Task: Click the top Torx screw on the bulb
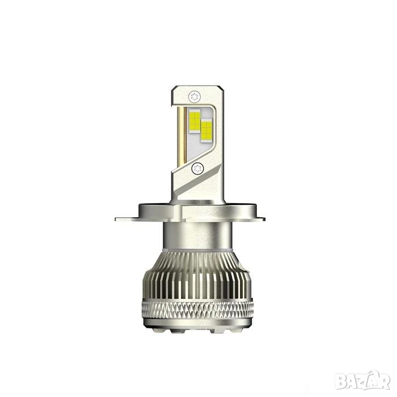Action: point(195,97)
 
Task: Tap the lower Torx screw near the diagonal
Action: point(197,168)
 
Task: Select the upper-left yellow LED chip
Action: point(195,120)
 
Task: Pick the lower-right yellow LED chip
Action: point(206,130)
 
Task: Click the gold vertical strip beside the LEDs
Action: point(182,136)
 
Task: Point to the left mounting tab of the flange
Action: point(127,219)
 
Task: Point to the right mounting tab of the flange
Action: point(260,219)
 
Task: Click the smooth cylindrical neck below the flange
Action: point(198,235)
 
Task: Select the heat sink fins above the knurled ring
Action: point(197,276)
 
